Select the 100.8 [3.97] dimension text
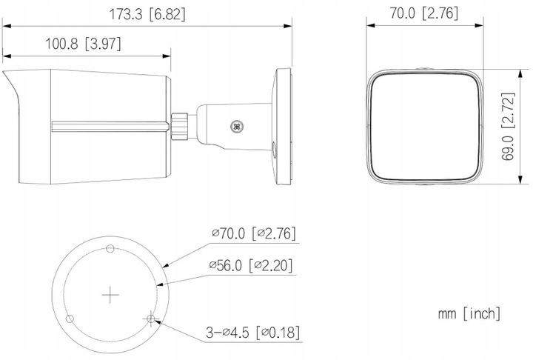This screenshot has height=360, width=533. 83,44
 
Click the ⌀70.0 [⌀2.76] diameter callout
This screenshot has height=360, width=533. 253,233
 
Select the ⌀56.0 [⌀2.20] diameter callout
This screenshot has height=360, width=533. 253,265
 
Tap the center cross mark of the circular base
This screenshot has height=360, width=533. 110,295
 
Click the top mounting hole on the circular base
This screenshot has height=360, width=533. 110,247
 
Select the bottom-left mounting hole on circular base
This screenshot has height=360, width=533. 69,319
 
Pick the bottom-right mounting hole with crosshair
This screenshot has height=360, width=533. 151,319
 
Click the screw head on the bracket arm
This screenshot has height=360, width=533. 238,126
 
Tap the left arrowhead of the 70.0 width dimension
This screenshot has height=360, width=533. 371,24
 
